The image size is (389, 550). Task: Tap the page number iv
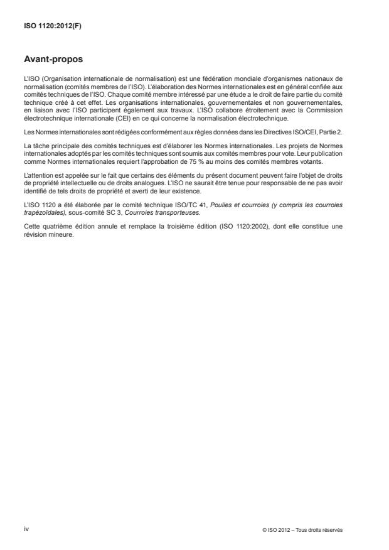click(x=26, y=529)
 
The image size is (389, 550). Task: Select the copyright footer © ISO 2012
click(x=303, y=529)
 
